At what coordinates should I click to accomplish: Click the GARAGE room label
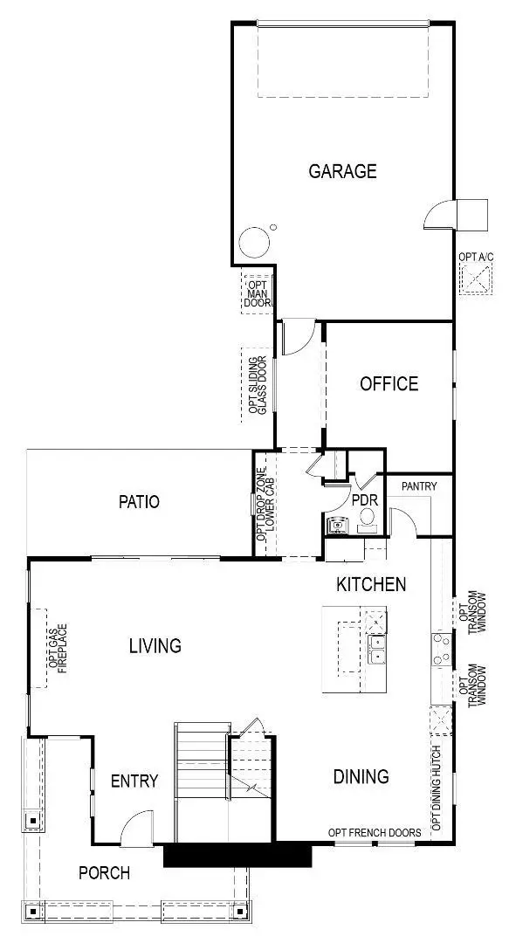(342, 171)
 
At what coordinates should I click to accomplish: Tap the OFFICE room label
(389, 383)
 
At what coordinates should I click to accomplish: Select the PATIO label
(140, 502)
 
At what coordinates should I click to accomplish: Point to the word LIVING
(155, 646)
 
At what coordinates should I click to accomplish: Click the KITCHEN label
(371, 584)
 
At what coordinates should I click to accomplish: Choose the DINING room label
(361, 776)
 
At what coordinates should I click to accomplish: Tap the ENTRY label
(134, 781)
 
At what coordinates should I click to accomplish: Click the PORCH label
(104, 872)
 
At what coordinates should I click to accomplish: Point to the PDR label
(364, 501)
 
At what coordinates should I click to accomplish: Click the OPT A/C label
(476, 258)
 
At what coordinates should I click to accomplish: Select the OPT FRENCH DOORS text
(375, 833)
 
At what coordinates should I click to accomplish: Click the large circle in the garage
(255, 243)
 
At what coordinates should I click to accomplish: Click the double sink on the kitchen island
(378, 650)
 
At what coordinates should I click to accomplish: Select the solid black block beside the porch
(237, 855)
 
